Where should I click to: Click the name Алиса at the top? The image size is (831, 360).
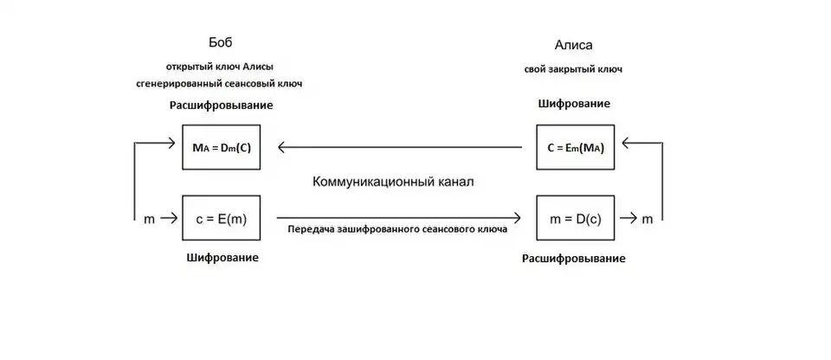573,45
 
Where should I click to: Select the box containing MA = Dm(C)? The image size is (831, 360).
221,147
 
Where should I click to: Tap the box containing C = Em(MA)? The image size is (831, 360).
574,147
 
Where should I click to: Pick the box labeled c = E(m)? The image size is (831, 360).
221,219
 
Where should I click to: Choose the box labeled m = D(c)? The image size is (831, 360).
574,219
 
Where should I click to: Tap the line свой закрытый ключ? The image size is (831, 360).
573,69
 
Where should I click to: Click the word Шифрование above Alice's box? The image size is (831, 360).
574,103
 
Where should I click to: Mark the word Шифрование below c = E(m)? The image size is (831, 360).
222,257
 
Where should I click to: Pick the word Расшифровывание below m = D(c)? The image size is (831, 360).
574,258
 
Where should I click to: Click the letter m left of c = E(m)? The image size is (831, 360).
150,220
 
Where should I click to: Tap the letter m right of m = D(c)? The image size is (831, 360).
647,220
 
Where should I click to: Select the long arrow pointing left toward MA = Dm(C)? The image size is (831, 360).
398,147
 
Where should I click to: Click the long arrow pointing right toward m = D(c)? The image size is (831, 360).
398,219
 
